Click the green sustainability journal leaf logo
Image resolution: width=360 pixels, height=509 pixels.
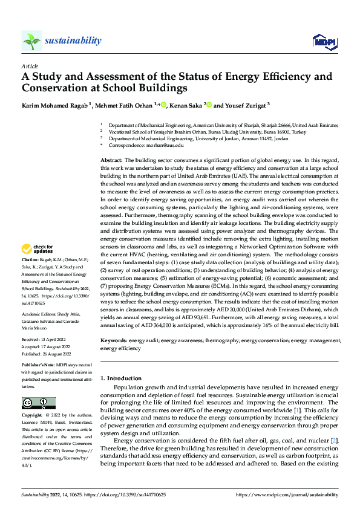(x=32, y=41)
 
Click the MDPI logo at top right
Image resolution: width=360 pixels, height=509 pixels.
(x=322, y=41)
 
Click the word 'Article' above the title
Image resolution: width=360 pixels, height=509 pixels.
(x=30, y=66)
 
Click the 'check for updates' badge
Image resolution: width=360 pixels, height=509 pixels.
(x=38, y=249)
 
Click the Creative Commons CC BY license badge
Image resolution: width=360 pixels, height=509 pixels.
(x=38, y=403)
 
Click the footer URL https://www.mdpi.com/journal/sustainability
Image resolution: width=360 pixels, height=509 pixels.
(x=286, y=494)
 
